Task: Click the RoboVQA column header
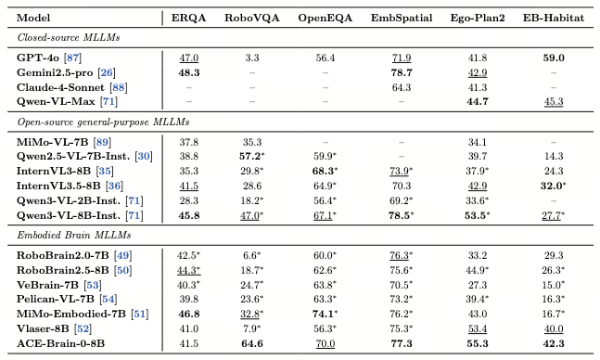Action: click(252, 18)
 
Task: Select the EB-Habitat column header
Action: click(554, 18)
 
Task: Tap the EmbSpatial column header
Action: click(402, 18)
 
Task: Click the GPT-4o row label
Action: click(38, 58)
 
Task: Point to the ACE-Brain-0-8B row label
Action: click(60, 343)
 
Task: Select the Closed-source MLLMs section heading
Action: click(69, 37)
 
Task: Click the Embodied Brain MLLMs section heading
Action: click(74, 235)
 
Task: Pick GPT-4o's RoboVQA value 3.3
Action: click(252, 58)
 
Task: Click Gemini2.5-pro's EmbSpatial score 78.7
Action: click(402, 72)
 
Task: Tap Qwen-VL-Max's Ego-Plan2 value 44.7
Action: click(478, 101)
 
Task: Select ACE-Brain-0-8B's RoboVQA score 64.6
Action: click(252, 343)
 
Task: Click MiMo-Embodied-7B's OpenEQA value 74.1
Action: click(324, 314)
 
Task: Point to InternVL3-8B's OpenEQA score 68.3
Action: click(324, 171)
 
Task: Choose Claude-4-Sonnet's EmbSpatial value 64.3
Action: click(402, 88)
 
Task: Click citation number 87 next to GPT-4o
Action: click(72, 58)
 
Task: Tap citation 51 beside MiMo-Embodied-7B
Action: click(140, 314)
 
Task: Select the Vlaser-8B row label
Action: click(43, 328)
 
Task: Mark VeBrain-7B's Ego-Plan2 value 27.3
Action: click(478, 286)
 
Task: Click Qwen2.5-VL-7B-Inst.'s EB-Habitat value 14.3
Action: click(554, 156)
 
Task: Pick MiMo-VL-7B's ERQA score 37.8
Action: click(188, 143)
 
